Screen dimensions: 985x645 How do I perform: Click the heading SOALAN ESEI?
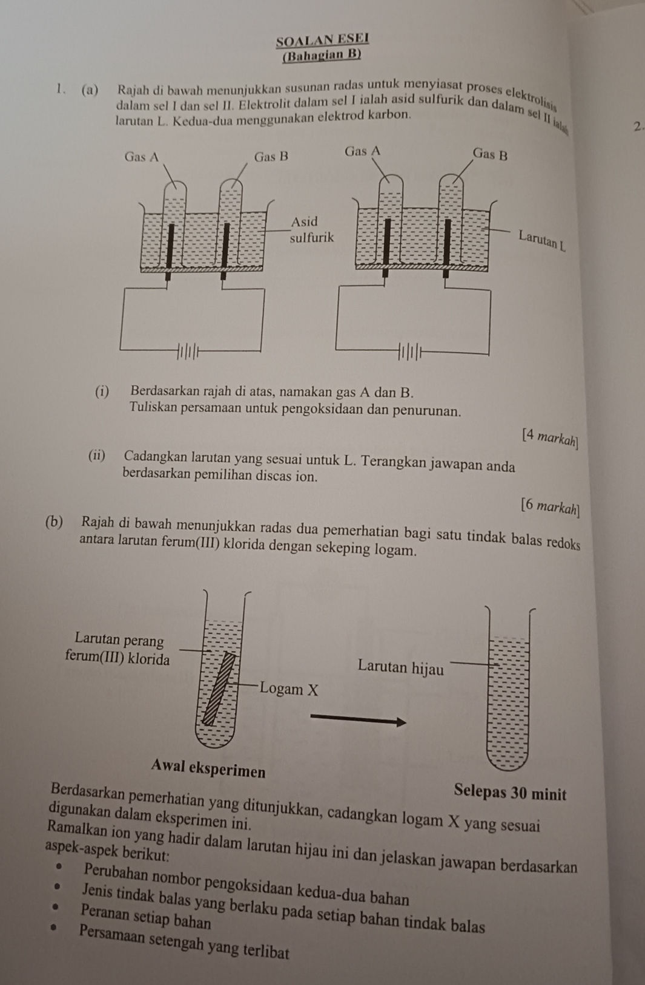click(322, 41)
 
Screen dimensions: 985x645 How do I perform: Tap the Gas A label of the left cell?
click(141, 157)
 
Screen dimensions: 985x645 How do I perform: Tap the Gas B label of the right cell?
click(489, 154)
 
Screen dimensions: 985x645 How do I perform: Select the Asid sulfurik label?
click(311, 229)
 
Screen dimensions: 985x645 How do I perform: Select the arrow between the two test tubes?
click(357, 720)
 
